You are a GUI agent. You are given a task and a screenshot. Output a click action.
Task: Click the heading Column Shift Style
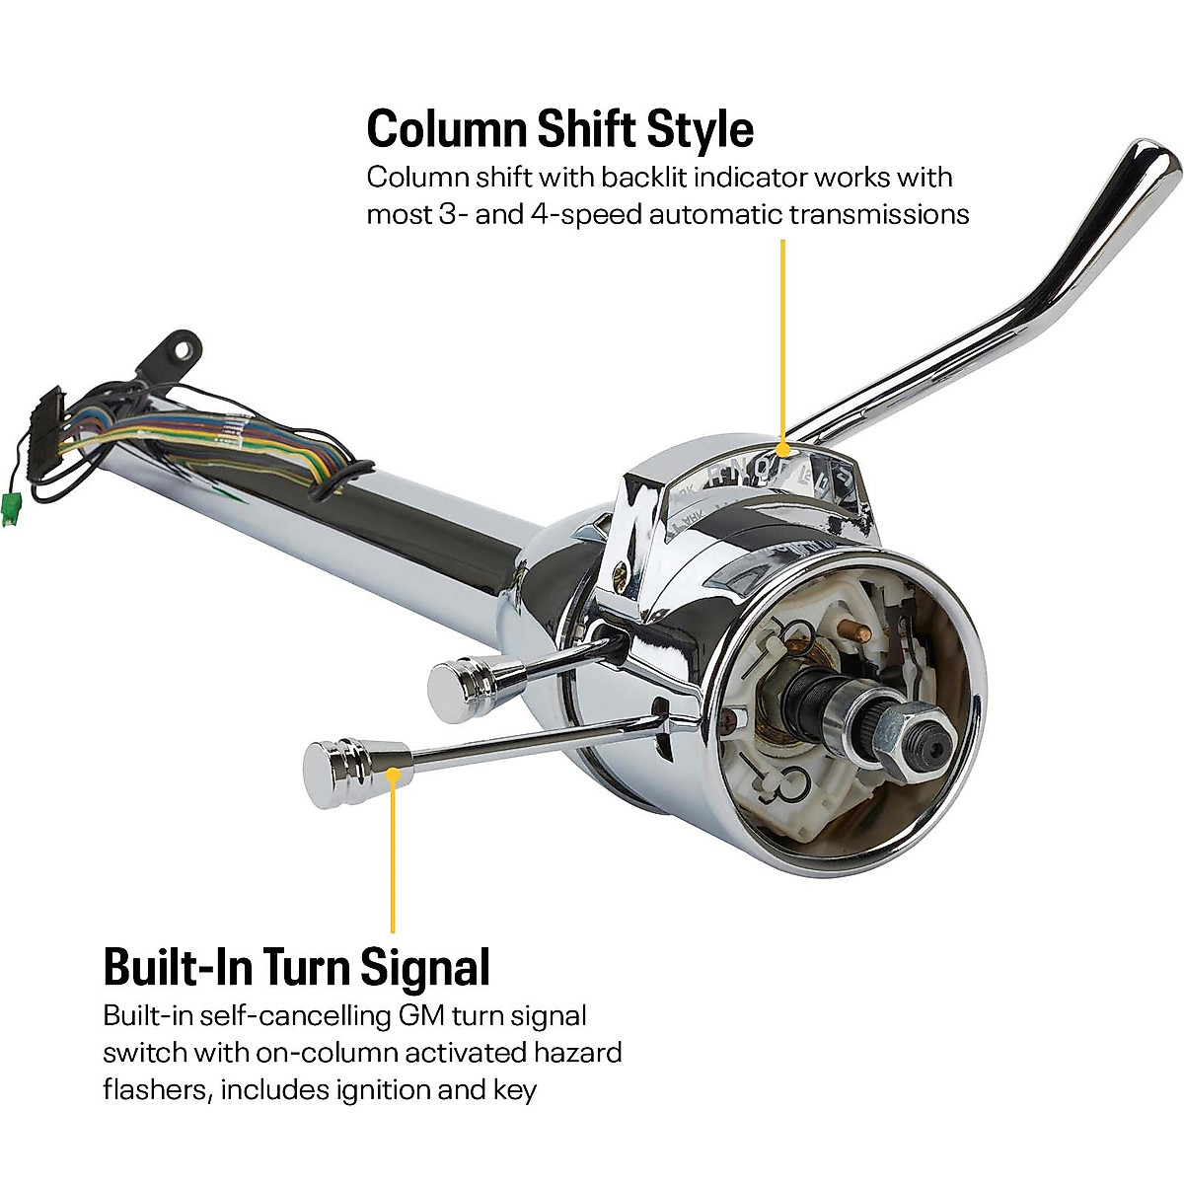[559, 128]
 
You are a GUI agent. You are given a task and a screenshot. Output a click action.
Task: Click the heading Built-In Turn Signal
[296, 967]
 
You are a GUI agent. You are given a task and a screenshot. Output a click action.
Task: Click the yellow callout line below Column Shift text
[783, 326]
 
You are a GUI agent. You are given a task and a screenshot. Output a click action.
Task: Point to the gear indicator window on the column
[779, 472]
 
